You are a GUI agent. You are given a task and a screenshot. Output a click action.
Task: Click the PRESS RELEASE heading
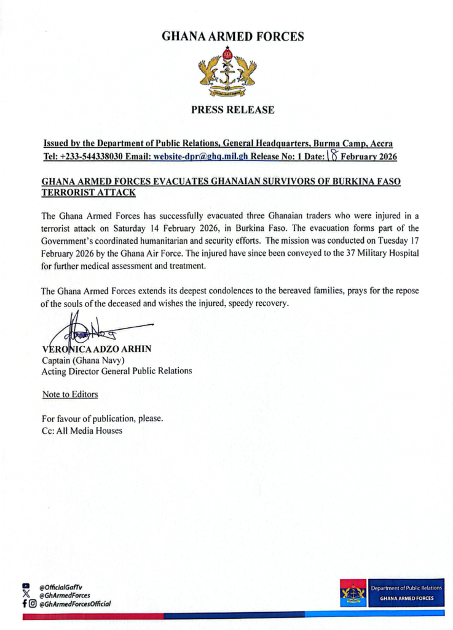(x=232, y=110)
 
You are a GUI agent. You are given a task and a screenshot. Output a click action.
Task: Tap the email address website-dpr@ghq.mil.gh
(x=200, y=156)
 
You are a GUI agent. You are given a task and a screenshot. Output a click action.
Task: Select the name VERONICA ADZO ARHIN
(x=97, y=349)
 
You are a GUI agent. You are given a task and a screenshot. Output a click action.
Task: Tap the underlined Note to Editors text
(x=70, y=394)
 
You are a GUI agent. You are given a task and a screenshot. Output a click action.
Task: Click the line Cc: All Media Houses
(x=82, y=430)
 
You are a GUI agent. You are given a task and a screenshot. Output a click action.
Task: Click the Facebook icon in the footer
(x=25, y=604)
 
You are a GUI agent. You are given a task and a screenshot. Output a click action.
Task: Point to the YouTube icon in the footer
(x=26, y=587)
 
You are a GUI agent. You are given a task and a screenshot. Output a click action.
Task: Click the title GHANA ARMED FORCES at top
(x=232, y=37)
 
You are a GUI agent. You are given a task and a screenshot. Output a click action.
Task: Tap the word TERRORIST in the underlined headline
(x=66, y=193)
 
